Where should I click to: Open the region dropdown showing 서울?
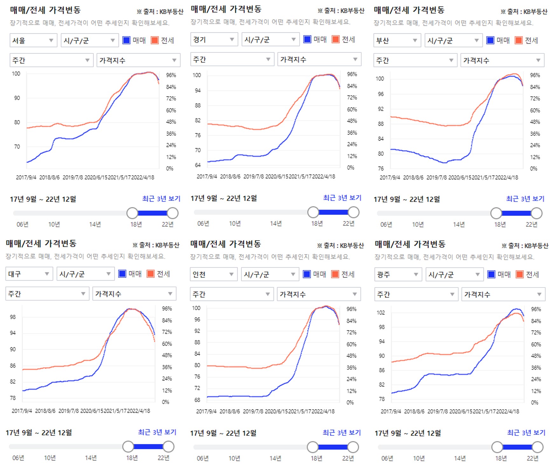tap(33, 40)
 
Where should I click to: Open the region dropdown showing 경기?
tap(214, 39)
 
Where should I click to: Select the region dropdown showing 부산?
tap(397, 40)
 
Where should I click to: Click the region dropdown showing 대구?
tap(29, 274)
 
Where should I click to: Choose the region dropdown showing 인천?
tap(213, 274)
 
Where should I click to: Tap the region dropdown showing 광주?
tap(398, 274)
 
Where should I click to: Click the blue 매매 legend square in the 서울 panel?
tap(126, 40)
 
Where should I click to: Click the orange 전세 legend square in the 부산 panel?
tap(518, 40)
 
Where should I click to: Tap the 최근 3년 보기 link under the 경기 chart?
tap(342, 198)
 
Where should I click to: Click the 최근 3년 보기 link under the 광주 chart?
tap(526, 433)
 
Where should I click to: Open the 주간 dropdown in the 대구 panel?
tap(47, 294)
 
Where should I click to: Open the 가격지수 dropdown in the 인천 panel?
tap(318, 294)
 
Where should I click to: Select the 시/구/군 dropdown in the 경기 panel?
tap(270, 39)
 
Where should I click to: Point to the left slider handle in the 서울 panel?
tap(132, 213)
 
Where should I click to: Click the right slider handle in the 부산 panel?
tap(537, 213)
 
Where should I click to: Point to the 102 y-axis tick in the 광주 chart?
tap(381, 312)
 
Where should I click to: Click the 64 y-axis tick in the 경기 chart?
tap(198, 165)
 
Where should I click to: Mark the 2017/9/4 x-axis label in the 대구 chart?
tap(22, 411)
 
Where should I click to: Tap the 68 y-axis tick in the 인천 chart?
tap(197, 399)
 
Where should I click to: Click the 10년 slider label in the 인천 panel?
tap(234, 458)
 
